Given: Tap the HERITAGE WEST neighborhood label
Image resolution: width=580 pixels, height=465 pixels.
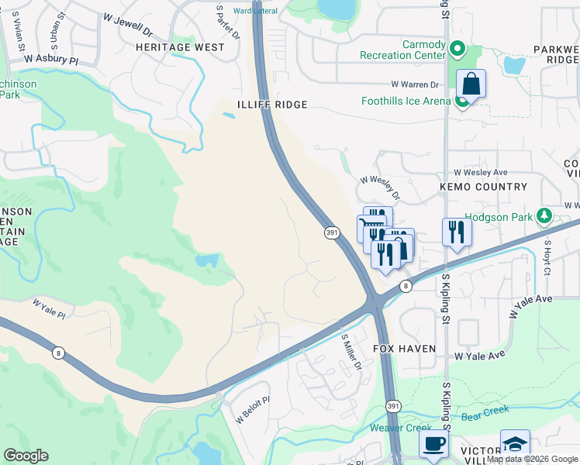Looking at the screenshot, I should [180, 47].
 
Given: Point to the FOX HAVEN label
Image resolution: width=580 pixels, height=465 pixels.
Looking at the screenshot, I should [405, 350].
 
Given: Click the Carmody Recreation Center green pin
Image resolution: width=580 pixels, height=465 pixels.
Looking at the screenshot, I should [457, 51].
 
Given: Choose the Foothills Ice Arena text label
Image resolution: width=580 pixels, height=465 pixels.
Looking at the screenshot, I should [406, 102].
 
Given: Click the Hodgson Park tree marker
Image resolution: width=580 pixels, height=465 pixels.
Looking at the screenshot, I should [544, 215].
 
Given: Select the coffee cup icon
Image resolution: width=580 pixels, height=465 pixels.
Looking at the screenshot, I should [433, 443].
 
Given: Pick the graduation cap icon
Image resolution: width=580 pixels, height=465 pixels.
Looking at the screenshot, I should [515, 443].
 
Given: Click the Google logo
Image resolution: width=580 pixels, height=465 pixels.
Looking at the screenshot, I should [26, 456].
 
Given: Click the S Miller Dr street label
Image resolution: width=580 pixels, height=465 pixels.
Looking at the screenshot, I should [353, 353].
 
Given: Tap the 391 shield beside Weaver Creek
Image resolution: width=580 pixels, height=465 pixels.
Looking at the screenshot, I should [393, 405].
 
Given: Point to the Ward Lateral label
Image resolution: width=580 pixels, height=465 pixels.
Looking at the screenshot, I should [255, 11].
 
